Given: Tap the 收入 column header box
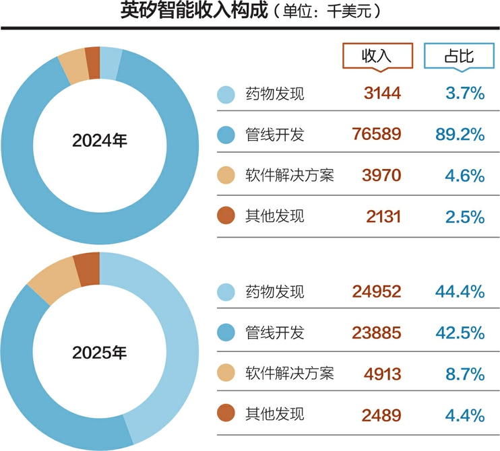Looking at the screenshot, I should tap(376, 56).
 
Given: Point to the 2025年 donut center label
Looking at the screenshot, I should tap(100, 352).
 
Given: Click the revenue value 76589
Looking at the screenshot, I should tap(377, 135).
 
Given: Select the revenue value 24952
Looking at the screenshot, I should tap(377, 291).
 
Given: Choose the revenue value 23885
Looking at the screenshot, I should tap(377, 332).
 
